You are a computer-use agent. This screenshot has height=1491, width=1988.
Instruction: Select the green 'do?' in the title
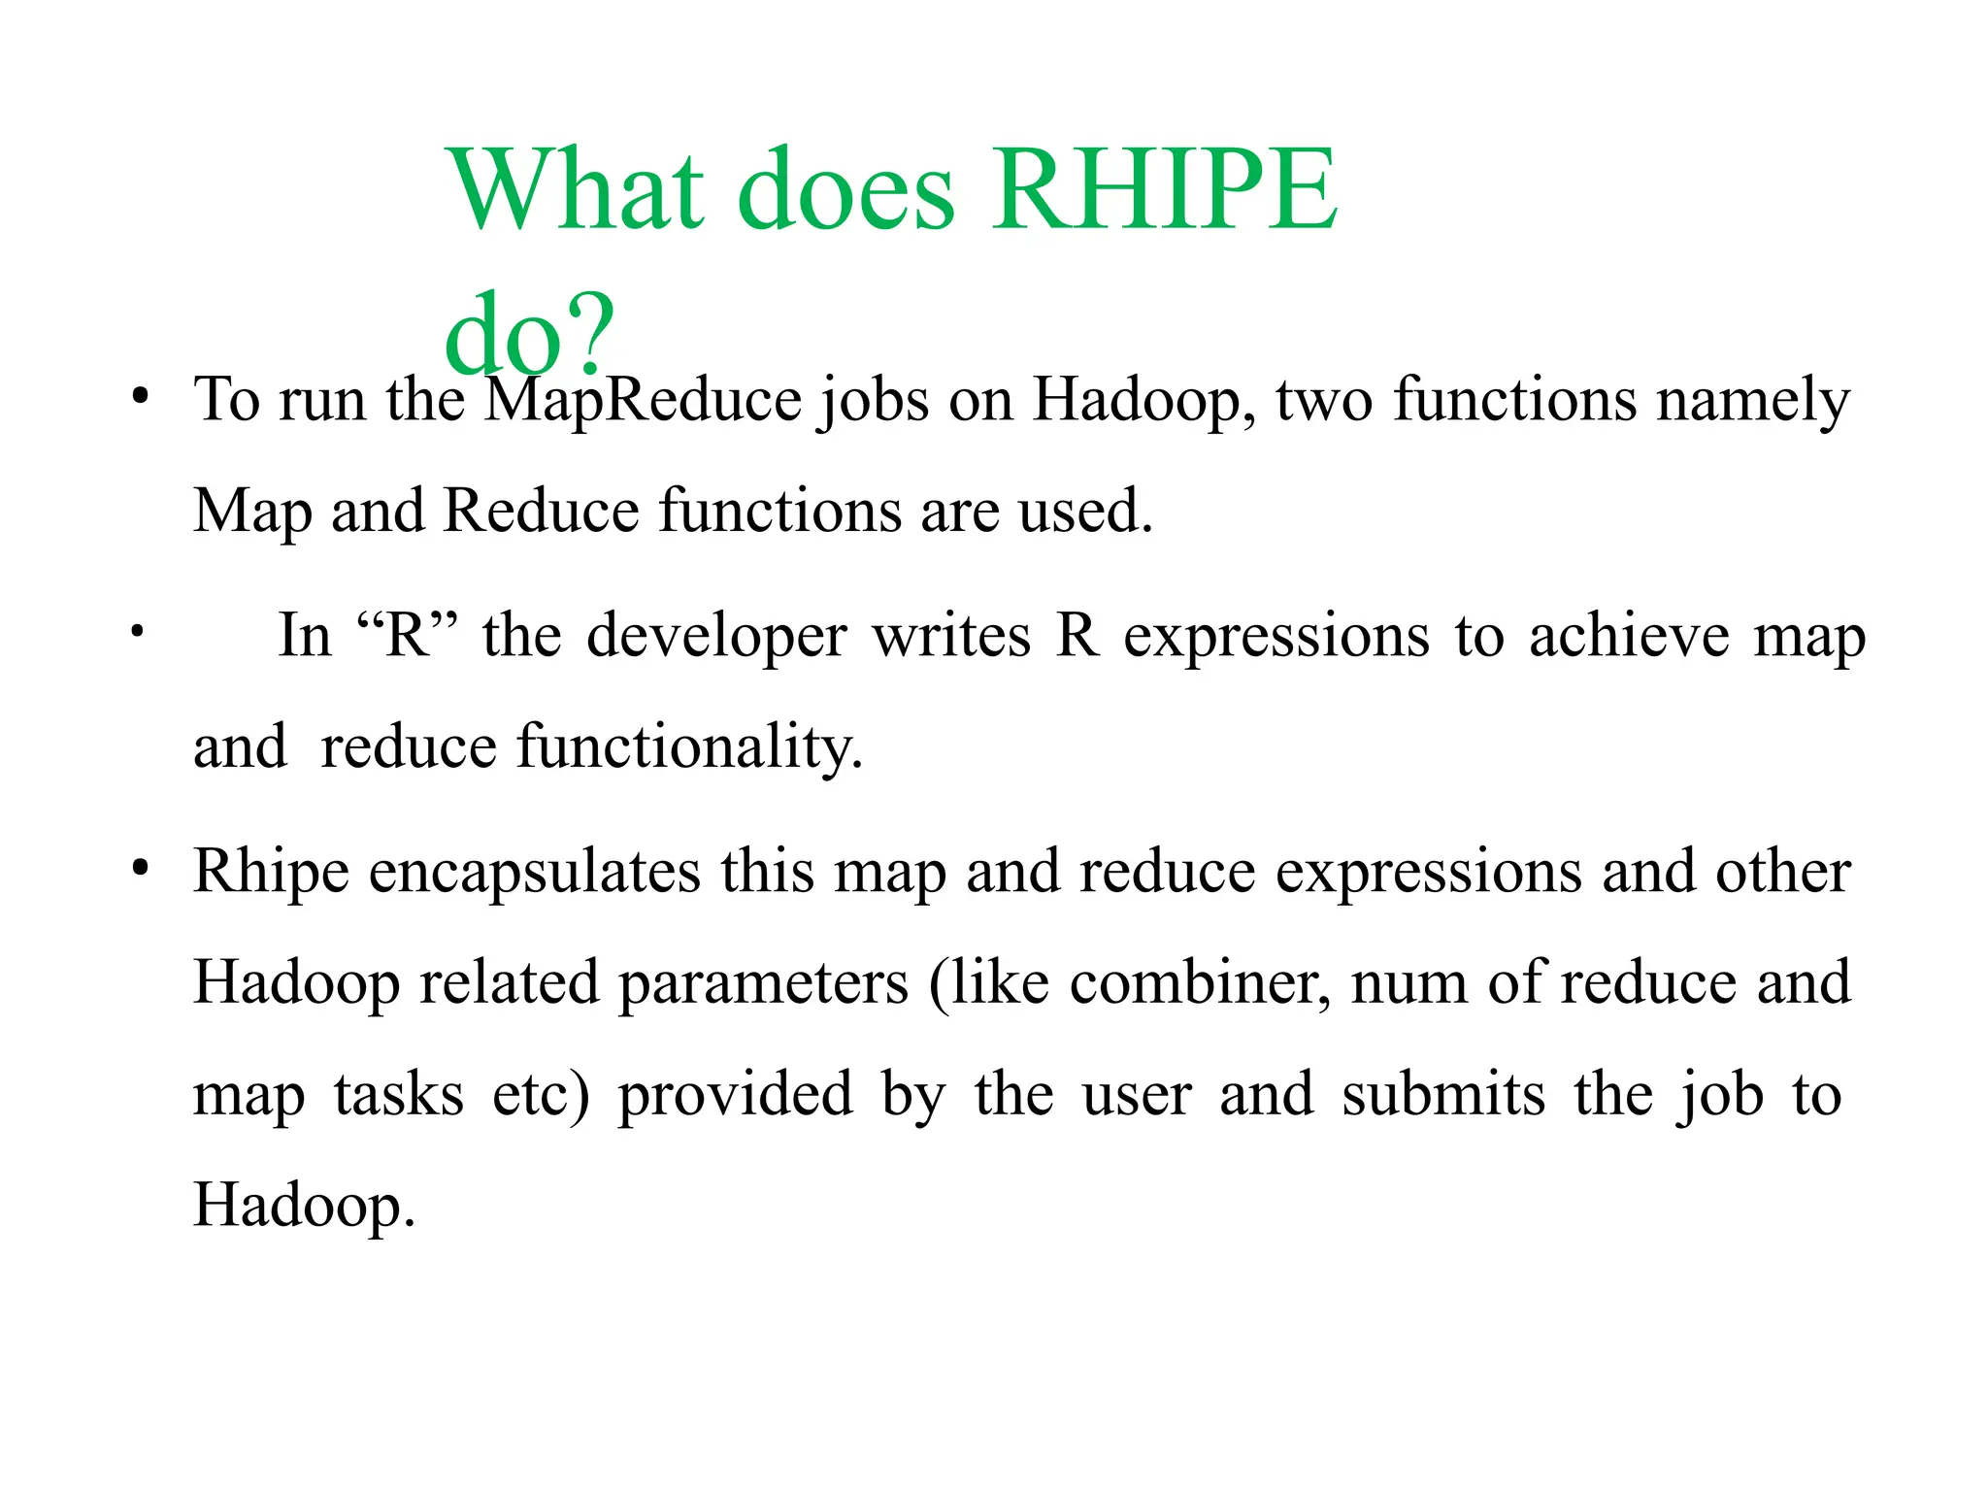pos(530,336)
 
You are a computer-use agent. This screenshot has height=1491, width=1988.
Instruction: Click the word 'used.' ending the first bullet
pos(1085,511)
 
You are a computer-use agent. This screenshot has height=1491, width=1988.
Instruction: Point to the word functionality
pos(689,746)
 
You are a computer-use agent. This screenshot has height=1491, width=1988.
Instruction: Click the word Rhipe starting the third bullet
pos(271,871)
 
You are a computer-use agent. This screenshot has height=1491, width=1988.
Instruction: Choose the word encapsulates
pos(534,873)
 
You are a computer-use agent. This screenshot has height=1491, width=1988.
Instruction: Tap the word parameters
pos(764,982)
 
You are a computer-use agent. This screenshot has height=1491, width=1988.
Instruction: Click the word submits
pos(1443,1094)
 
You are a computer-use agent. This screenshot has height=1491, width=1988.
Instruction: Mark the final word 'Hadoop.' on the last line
pos(304,1206)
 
